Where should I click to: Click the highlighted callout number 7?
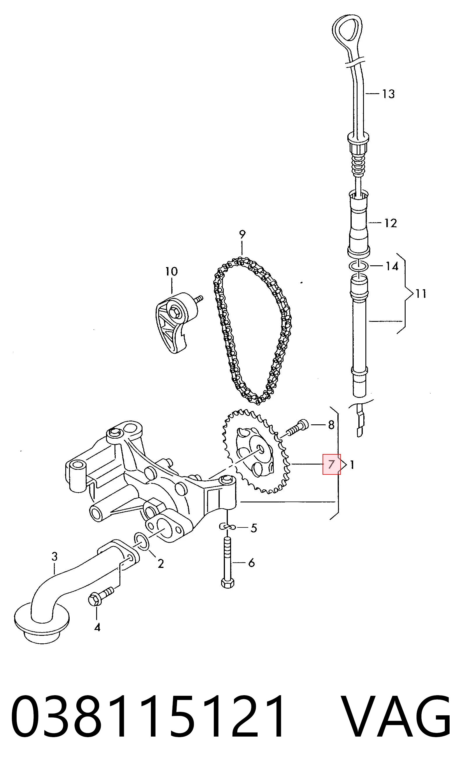point(331,464)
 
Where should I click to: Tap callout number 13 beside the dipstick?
point(389,94)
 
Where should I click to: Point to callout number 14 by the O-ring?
point(392,266)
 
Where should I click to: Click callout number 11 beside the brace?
point(420,293)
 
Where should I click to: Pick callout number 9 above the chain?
point(242,234)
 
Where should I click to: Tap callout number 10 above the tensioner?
point(171,271)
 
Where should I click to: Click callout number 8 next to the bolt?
point(331,425)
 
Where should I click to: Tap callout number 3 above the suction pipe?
point(54,556)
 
